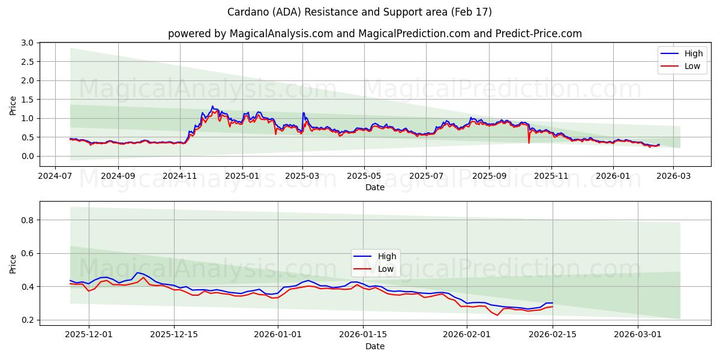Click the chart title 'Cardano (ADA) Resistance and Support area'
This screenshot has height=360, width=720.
tap(359, 12)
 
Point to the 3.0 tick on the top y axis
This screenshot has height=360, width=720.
tap(26, 43)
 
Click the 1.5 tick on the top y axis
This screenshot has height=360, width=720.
tap(26, 100)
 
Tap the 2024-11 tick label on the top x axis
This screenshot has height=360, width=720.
tap(180, 176)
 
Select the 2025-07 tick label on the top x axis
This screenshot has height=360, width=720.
tap(426, 176)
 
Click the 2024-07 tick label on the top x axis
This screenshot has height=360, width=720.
tap(55, 176)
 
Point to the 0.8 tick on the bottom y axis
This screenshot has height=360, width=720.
tap(26, 220)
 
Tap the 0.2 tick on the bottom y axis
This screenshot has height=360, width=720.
tap(26, 320)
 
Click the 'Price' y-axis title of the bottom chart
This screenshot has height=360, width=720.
tap(13, 263)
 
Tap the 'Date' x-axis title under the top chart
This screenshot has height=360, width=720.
tap(375, 188)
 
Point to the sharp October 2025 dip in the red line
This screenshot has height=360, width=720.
tap(529, 142)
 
